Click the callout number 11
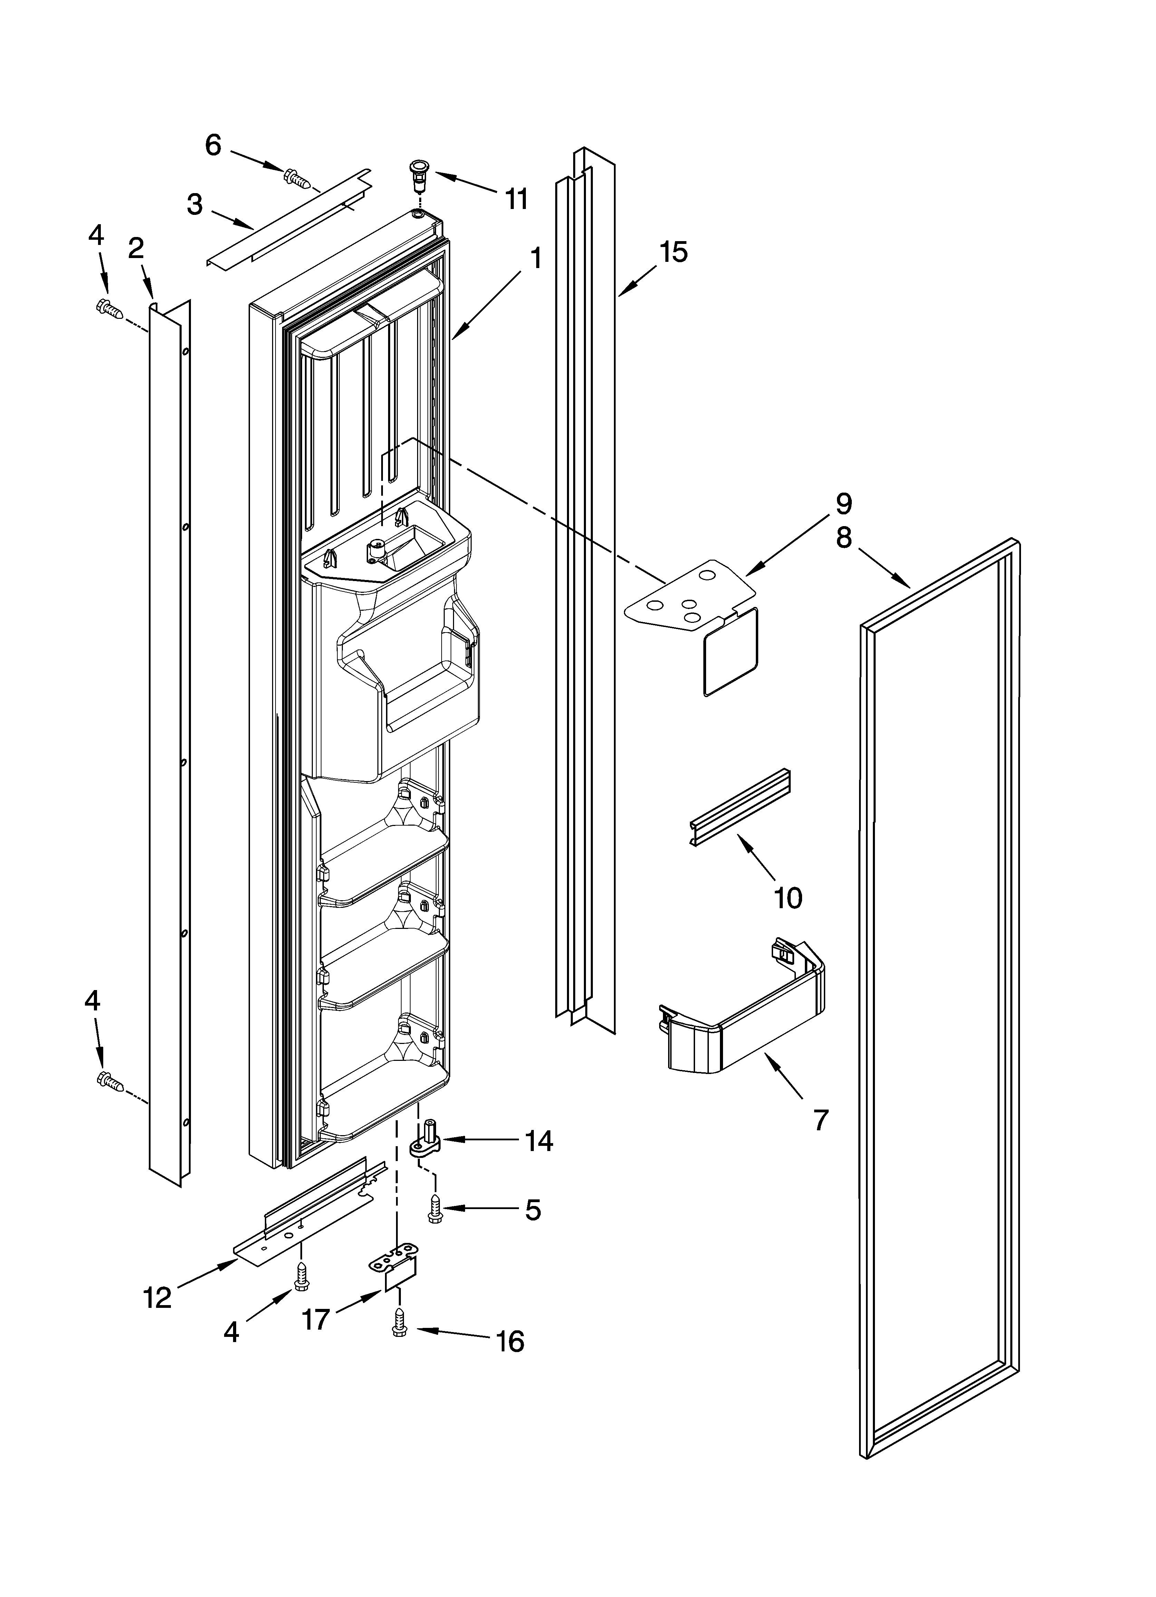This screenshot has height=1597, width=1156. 517,199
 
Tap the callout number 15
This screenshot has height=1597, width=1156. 674,251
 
